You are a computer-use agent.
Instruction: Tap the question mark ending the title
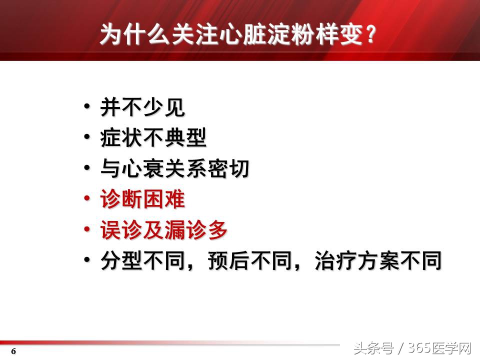tap(370, 35)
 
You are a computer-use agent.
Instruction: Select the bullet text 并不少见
tap(142, 107)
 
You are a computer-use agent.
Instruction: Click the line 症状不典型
tap(153, 138)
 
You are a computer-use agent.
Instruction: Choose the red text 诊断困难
tap(142, 200)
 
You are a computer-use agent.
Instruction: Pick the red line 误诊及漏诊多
tap(164, 230)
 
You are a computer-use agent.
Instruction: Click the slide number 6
tap(14, 351)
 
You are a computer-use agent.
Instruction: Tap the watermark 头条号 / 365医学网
tap(412, 347)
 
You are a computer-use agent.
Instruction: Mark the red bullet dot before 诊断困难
tap(87, 198)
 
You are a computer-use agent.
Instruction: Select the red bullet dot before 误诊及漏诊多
tap(87, 229)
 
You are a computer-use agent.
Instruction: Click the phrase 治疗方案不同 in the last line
tap(378, 261)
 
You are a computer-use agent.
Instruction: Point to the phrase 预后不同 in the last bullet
tap(250, 261)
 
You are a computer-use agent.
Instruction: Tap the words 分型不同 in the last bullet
tap(142, 261)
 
